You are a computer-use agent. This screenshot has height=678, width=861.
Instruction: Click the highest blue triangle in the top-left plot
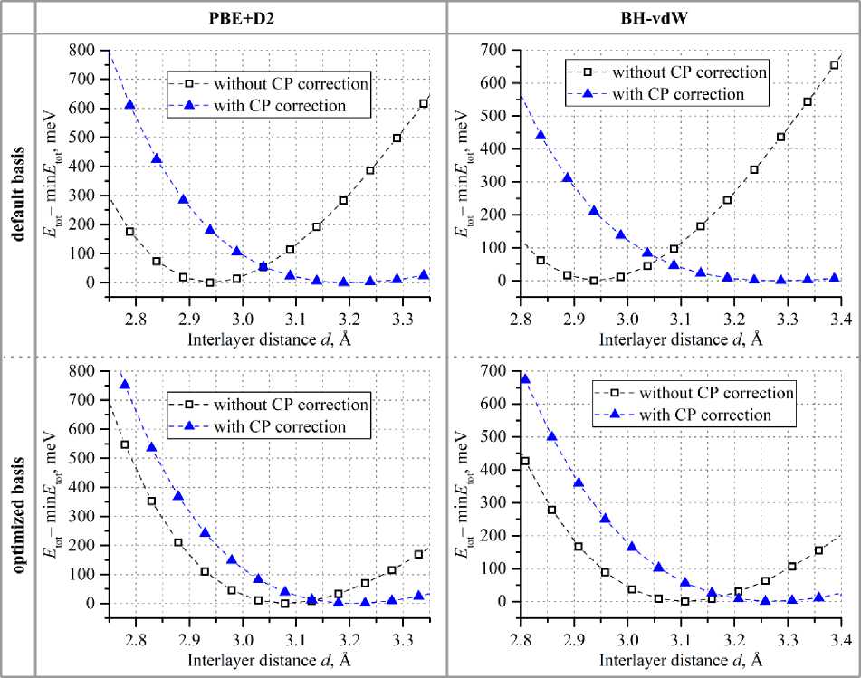(x=130, y=104)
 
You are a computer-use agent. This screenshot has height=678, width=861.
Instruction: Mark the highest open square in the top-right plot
(x=835, y=65)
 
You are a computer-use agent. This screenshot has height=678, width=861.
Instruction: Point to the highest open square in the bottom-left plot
(x=125, y=444)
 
